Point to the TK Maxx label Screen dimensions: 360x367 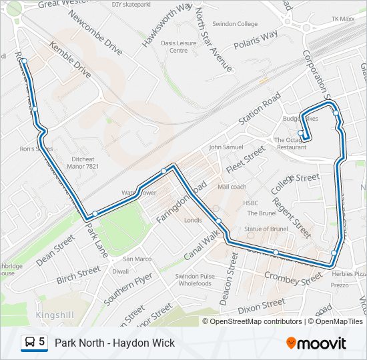tap(344, 20)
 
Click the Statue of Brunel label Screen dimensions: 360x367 tap(266, 229)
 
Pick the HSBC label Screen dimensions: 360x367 tap(250, 203)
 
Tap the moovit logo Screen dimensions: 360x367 tap(316, 343)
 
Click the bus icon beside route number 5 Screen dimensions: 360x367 tap(29, 343)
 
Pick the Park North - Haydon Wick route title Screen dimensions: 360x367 tap(114, 343)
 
